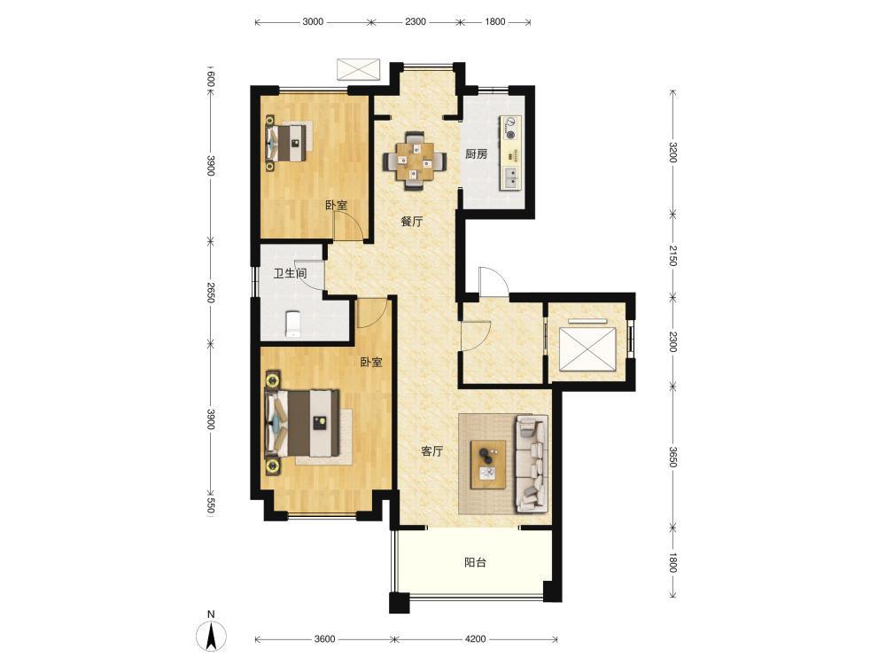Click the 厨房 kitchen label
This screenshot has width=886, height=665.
click(x=477, y=153)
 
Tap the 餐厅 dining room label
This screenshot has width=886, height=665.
click(x=412, y=222)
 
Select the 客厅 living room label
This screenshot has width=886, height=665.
click(x=432, y=451)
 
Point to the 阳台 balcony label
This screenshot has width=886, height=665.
click(x=475, y=563)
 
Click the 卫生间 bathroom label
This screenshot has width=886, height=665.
click(x=291, y=274)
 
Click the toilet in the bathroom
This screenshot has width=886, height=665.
click(x=293, y=324)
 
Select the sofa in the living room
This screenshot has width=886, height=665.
click(x=532, y=464)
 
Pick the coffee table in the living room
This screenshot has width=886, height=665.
click(x=489, y=464)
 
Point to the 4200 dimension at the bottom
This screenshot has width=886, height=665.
click(x=475, y=639)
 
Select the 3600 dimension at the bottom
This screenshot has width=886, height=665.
click(x=324, y=639)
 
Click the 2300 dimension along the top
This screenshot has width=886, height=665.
click(x=416, y=21)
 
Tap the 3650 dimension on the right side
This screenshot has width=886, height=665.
click(x=672, y=457)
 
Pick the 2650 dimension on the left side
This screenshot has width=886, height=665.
click(x=210, y=293)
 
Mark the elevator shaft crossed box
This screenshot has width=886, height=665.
click(x=587, y=348)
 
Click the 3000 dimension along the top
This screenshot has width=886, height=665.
click(x=313, y=21)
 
